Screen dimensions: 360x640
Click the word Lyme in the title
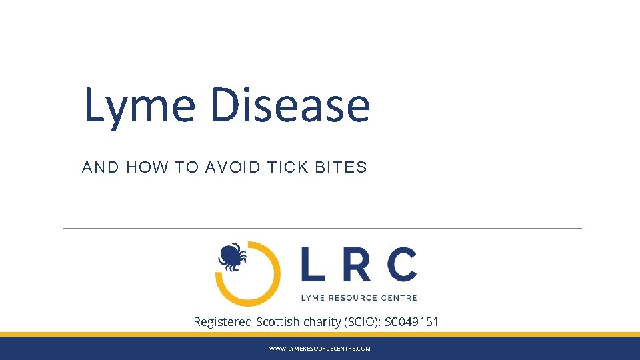[x=139, y=107]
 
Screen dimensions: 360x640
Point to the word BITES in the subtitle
[x=341, y=167]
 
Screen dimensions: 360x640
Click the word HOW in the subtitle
[x=147, y=167]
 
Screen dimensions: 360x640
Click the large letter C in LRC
[x=401, y=264]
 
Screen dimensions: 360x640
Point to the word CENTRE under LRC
[x=399, y=297]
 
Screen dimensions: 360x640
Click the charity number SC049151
[x=411, y=322]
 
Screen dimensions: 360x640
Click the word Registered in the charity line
[x=223, y=322]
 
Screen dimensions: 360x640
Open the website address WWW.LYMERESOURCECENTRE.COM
[x=319, y=349]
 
